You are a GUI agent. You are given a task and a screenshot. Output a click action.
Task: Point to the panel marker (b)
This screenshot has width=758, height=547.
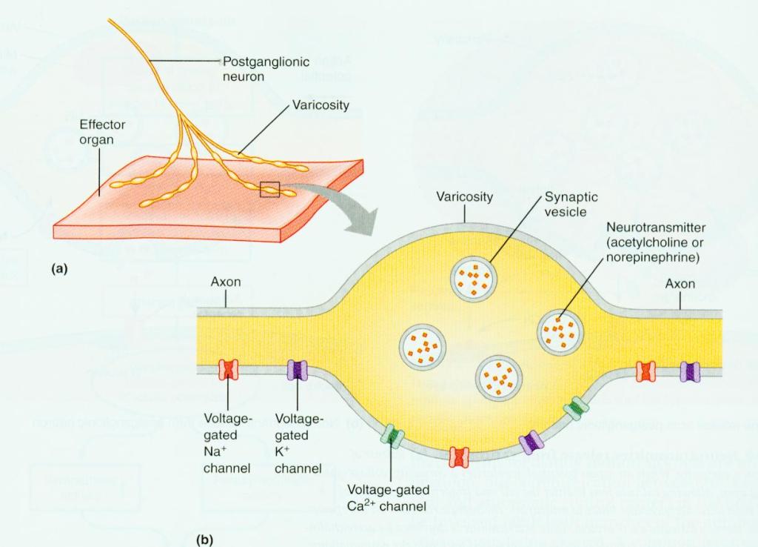203,539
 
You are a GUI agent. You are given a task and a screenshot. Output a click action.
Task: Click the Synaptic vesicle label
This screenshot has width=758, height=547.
571,204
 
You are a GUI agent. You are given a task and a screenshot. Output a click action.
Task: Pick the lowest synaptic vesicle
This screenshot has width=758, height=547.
499,376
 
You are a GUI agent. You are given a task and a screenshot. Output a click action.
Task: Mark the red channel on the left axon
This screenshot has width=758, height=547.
227,369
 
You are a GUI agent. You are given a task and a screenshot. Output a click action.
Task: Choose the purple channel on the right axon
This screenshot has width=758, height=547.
690,371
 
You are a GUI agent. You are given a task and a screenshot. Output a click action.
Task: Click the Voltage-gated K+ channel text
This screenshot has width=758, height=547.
298,444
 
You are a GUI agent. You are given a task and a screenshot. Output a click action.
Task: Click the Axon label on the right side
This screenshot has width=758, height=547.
680,284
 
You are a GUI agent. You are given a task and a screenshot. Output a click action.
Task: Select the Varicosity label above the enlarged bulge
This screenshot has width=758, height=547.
464,197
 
